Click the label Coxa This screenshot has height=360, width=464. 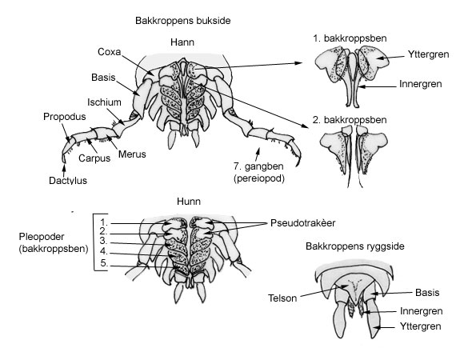pyautogui.click(x=109, y=52)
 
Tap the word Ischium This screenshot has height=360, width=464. pyautogui.click(x=104, y=102)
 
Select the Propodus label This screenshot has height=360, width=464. pyautogui.click(x=65, y=117)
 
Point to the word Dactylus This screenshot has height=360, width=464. pyautogui.click(x=68, y=180)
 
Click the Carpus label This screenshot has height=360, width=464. pyautogui.click(x=94, y=158)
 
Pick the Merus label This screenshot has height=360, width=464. pyautogui.click(x=132, y=154)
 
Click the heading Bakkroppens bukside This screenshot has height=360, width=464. pyautogui.click(x=183, y=21)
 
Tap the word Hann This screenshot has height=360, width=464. pyautogui.click(x=182, y=42)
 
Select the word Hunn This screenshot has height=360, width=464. pyautogui.click(x=189, y=202)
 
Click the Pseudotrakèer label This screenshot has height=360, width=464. pyautogui.click(x=302, y=223)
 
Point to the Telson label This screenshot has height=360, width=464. pyautogui.click(x=282, y=298)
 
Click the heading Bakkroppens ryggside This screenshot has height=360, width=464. pyautogui.click(x=355, y=246)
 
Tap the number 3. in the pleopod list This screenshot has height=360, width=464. pyautogui.click(x=103, y=240)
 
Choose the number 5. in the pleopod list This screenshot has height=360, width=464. pyautogui.click(x=103, y=262)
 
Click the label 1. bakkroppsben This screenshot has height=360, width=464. pyautogui.click(x=350, y=38)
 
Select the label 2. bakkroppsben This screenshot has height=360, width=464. pyautogui.click(x=350, y=120)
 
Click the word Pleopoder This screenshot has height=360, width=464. pyautogui.click(x=42, y=237)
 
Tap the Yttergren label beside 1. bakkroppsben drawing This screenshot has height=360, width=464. pyautogui.click(x=428, y=54)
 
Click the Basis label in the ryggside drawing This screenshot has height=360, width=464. pyautogui.click(x=427, y=293)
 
